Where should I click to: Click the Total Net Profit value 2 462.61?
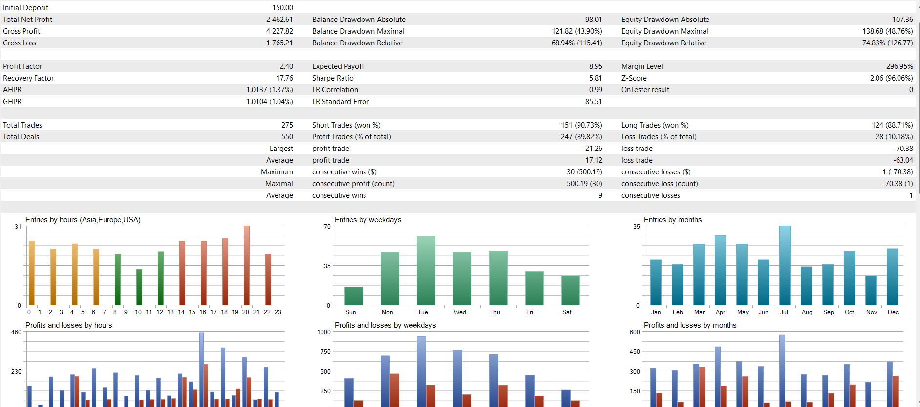point(279,20)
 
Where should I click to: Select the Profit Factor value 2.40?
point(286,66)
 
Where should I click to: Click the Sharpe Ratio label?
point(333,78)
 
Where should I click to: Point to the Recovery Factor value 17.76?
point(284,78)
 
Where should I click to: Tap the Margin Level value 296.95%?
point(899,66)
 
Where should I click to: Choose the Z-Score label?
point(634,78)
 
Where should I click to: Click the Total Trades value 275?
point(287,125)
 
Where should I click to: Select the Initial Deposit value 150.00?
point(282,8)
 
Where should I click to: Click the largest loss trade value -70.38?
point(903,149)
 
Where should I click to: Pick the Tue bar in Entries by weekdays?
point(426,271)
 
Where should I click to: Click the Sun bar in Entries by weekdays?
point(354,296)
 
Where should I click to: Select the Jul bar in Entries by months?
point(785,266)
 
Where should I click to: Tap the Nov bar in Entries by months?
point(871,290)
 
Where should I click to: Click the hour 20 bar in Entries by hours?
point(246,266)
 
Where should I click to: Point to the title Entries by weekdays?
point(368,220)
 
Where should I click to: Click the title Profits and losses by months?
point(690,325)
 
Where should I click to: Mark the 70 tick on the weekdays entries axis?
point(327,227)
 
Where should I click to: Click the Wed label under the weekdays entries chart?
point(460,312)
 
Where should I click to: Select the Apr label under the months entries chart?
point(720,312)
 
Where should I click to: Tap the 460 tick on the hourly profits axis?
point(16,332)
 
